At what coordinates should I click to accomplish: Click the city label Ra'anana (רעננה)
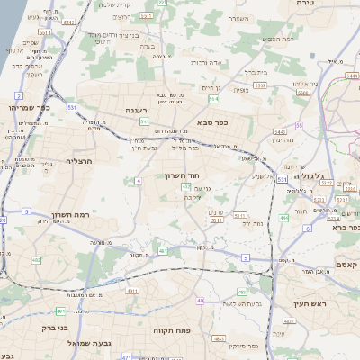pyautogui.click(x=119, y=112)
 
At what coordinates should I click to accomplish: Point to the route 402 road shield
pyautogui.click(x=37, y=261)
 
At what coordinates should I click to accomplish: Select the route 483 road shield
pyautogui.click(x=240, y=292)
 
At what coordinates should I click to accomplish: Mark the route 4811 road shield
pyautogui.click(x=131, y=292)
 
